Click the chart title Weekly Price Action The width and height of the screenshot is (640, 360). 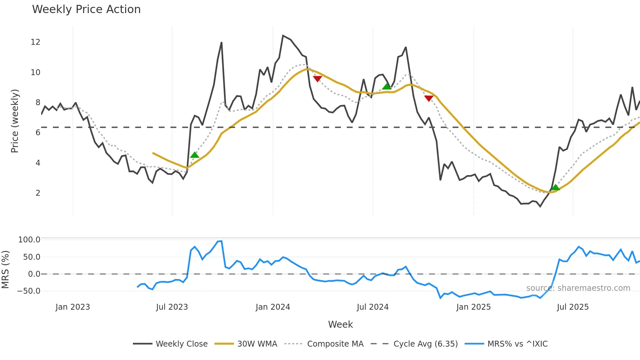(x=86, y=9)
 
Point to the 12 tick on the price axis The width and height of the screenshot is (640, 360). (x=36, y=42)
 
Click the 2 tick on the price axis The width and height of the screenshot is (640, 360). (x=38, y=193)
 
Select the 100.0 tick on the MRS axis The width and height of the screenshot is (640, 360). (x=29, y=240)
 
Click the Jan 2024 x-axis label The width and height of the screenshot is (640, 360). (x=273, y=307)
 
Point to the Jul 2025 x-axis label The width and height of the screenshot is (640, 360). (x=573, y=307)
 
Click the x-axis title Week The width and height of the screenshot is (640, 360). (x=340, y=324)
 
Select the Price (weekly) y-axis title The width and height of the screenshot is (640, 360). (x=15, y=121)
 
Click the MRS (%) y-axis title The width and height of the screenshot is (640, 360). (x=5, y=270)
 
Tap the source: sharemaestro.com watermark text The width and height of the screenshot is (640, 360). (x=578, y=288)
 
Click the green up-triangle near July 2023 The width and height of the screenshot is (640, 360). (x=195, y=155)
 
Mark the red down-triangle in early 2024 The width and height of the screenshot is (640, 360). (x=317, y=79)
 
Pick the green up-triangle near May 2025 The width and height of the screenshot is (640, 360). (x=555, y=188)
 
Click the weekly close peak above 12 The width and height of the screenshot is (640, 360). (x=283, y=35)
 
